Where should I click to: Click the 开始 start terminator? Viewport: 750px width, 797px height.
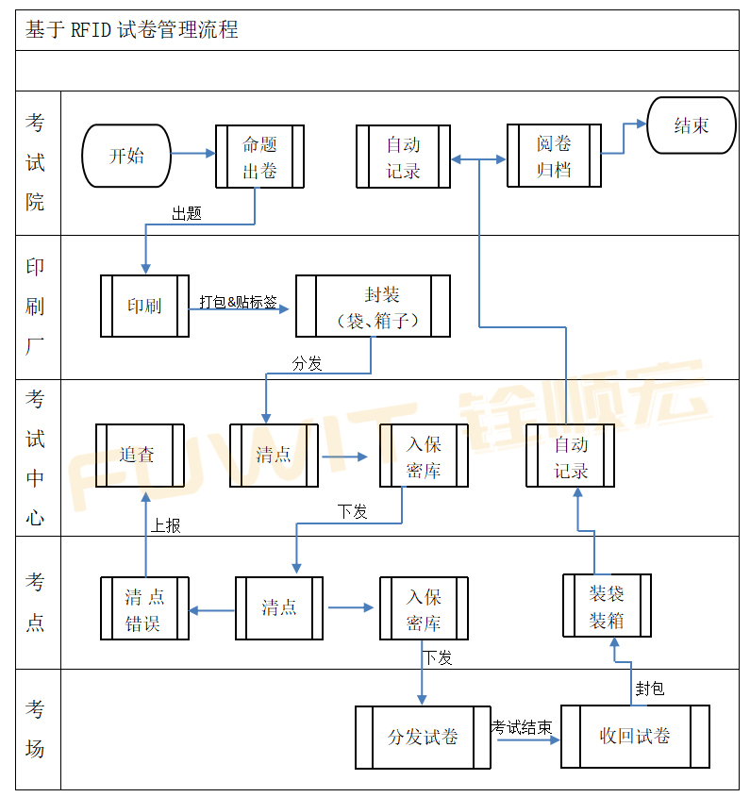coord(126,156)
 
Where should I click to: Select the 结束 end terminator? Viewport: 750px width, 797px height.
coord(691,125)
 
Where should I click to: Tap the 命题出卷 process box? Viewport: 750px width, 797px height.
coord(259,158)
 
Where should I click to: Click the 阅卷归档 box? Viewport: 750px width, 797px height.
coord(554,157)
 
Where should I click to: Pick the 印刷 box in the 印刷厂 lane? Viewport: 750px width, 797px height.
coord(144,306)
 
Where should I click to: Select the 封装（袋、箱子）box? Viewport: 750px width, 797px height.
coord(373,307)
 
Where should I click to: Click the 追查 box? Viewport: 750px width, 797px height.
coord(139,456)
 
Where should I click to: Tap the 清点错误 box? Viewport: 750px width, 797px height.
coord(145,609)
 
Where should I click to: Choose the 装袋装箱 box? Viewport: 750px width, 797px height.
coord(607,606)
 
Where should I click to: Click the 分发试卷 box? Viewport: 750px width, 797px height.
coord(423,737)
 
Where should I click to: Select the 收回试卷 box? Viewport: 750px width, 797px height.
coord(635,737)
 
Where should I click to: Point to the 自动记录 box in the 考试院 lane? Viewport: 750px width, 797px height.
coord(403,158)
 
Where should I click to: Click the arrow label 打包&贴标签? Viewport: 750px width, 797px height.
coord(238,303)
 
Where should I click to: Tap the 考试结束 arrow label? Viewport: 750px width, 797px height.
coord(522,727)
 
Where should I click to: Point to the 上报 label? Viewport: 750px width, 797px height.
coord(166,525)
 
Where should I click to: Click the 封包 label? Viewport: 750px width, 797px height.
coord(650,689)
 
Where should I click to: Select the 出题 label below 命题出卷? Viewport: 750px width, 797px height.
coord(186,213)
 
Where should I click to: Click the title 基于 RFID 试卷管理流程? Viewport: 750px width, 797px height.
coord(131,30)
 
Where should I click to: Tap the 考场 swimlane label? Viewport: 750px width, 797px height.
coord(35,729)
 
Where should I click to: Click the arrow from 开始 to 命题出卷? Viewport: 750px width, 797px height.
coord(193,153)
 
